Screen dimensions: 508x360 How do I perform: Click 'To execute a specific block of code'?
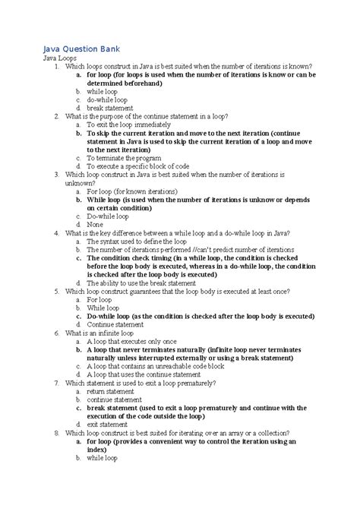[x=141, y=166]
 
